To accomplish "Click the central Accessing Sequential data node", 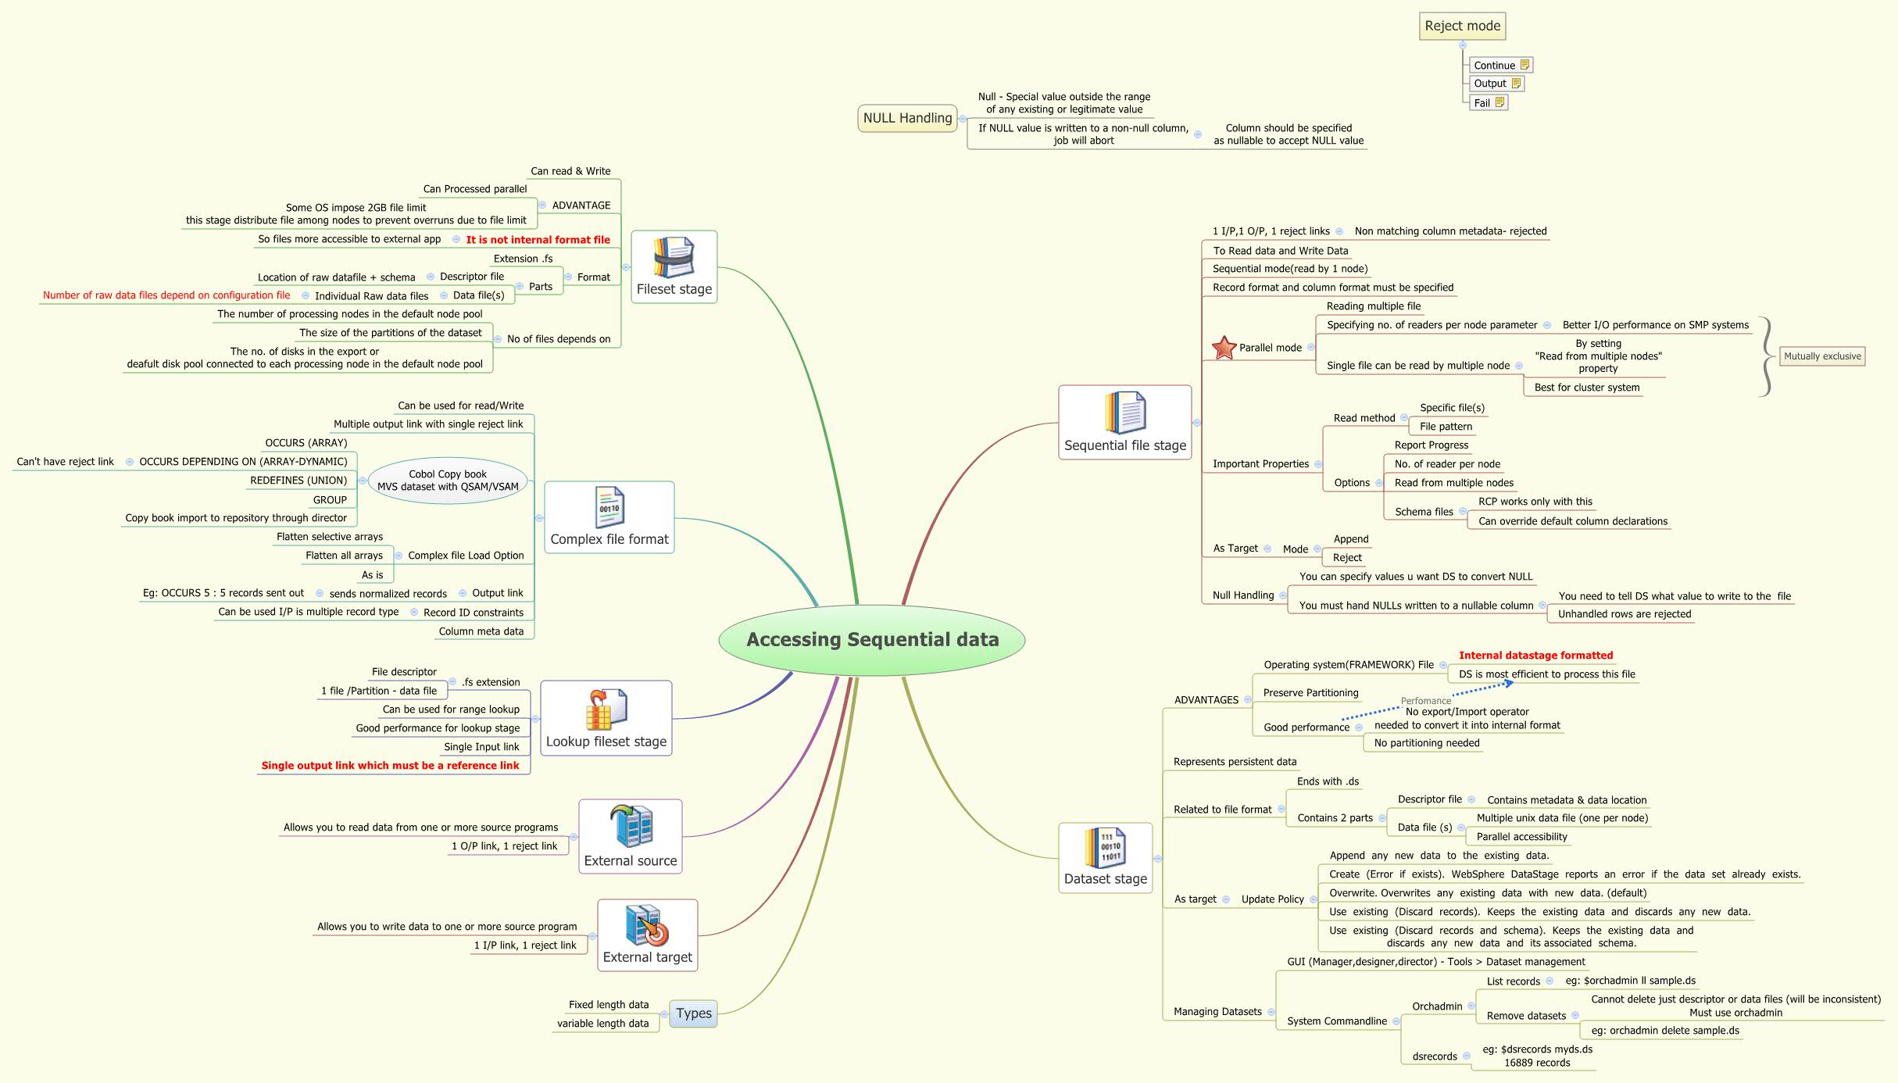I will coord(872,639).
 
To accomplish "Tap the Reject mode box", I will coord(1462,26).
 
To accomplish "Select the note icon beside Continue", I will coord(1524,65).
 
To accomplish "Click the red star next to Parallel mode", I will coord(1224,348).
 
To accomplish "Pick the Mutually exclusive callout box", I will coord(1822,356).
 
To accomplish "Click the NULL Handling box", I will coord(907,118).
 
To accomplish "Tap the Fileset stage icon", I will coord(674,257).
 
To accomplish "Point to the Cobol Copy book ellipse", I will coord(448,481).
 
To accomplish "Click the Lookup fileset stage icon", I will coord(606,709).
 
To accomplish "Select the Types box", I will coord(694,1013).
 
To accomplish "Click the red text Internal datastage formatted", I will coord(1535,656).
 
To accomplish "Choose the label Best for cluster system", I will coord(1586,388).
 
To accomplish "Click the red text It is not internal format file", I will coord(538,240).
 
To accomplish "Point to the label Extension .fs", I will coord(523,259).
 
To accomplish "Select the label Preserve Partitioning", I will coord(1310,693).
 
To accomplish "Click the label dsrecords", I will coord(1435,1056).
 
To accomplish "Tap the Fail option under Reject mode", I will coord(1482,102).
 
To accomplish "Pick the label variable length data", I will coord(602,1024).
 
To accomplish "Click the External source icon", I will coord(631,826).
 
